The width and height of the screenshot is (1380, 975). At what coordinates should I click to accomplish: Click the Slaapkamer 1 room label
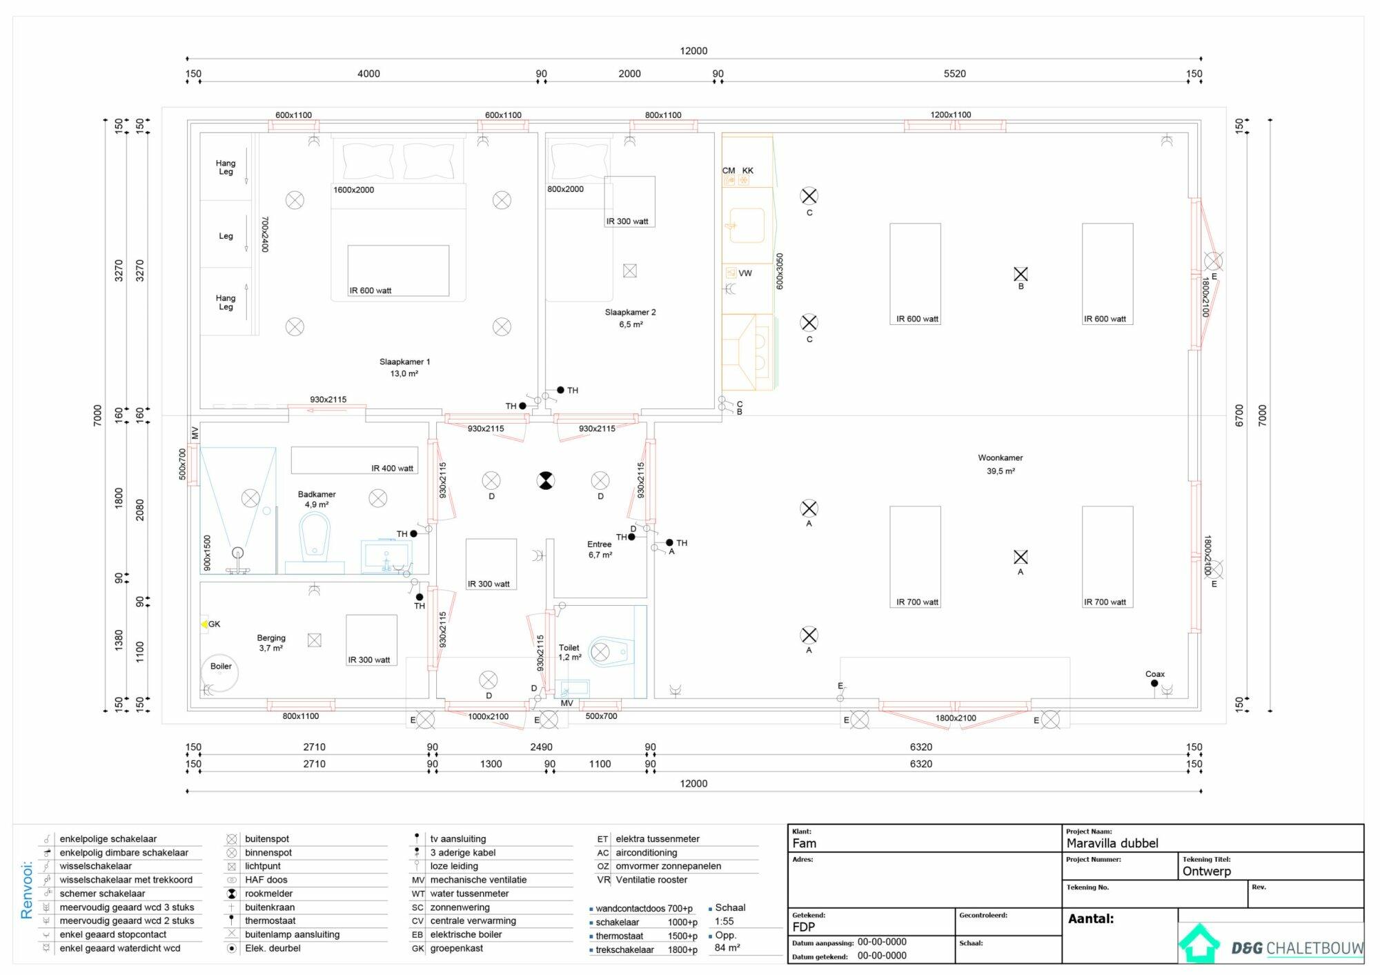[404, 362]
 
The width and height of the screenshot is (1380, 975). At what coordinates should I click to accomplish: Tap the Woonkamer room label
[1000, 457]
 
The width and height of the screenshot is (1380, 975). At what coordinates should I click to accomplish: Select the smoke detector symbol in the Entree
[546, 480]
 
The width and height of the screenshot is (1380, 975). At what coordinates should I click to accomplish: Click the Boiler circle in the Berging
[219, 673]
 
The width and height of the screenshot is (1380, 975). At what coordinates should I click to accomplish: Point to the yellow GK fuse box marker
[204, 624]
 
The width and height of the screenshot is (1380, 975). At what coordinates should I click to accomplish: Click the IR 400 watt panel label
[392, 469]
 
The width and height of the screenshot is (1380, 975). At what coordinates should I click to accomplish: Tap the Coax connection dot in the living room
[1154, 683]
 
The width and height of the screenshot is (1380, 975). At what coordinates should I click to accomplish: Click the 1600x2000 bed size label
[353, 190]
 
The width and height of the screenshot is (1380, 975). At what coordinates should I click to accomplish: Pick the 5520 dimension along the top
[955, 74]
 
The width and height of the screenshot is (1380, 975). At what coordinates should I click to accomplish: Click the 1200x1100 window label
[951, 115]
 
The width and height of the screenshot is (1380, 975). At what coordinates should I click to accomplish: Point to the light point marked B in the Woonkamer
[1021, 274]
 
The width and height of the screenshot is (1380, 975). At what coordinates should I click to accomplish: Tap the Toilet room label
[569, 648]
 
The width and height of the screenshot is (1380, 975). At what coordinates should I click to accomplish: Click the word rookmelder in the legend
[269, 894]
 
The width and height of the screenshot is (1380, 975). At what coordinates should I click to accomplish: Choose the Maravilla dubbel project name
[1112, 843]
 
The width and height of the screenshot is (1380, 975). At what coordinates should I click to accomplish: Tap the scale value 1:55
[724, 921]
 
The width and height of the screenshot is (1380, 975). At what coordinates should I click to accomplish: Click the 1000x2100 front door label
[489, 716]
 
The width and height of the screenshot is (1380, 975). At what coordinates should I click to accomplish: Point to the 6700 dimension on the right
[1239, 415]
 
